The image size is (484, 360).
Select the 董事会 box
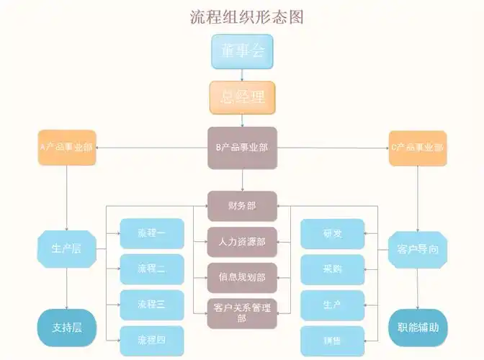pyautogui.click(x=242, y=51)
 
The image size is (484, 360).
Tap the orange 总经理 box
pyautogui.click(x=242, y=97)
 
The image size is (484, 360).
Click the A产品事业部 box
pyautogui.click(x=66, y=147)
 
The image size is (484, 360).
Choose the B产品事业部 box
pyautogui.click(x=242, y=148)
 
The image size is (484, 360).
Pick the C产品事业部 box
pyautogui.click(x=418, y=148)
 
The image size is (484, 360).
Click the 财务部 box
pyautogui.click(x=242, y=206)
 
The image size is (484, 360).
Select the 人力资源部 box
pyautogui.click(x=242, y=242)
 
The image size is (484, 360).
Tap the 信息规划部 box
pyautogui.click(x=242, y=277)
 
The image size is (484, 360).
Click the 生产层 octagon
pyautogui.click(x=66, y=249)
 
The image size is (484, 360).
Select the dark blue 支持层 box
pyautogui.click(x=66, y=328)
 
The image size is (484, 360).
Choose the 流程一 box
pyautogui.click(x=152, y=233)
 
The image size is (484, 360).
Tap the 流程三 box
pyautogui.click(x=152, y=305)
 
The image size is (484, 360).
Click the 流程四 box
pyautogui.click(x=152, y=340)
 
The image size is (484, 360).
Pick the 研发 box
pyautogui.click(x=332, y=233)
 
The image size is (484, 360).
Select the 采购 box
pyautogui.click(x=332, y=269)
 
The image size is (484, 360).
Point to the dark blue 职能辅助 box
pyautogui.click(x=418, y=328)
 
